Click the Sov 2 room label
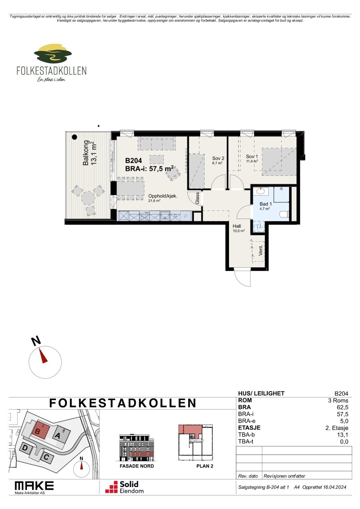point(218,158)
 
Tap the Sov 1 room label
point(252,156)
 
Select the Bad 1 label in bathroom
point(265,204)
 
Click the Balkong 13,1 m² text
point(90,153)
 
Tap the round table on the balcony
point(88,198)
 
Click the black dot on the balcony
point(74,137)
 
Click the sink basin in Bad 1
point(260,191)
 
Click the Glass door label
point(197,198)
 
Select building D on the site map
point(25,448)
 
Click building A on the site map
point(58,435)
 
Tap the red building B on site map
point(37,431)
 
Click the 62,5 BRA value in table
point(344,407)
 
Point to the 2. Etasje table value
point(337,428)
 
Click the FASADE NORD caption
point(137,466)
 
